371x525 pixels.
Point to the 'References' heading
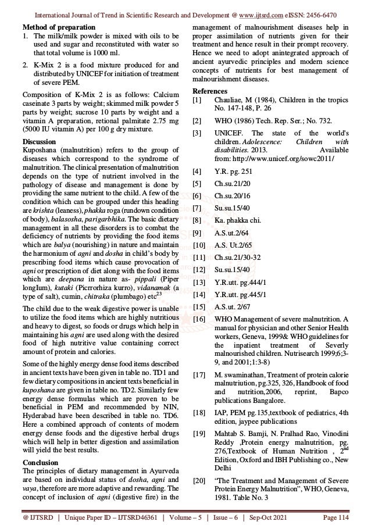[210, 90]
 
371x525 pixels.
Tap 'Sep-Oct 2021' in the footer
[273, 516]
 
